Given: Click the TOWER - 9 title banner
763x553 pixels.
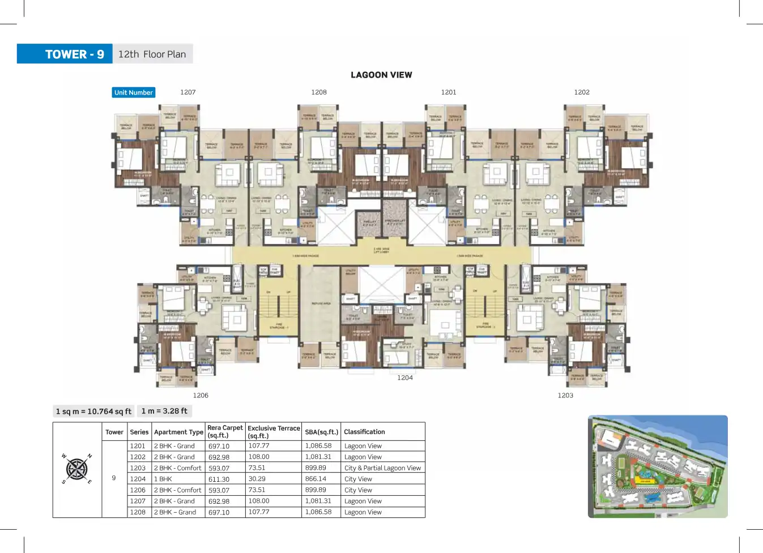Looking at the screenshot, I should pyautogui.click(x=65, y=54).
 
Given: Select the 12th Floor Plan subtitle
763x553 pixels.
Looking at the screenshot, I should pyautogui.click(x=152, y=54).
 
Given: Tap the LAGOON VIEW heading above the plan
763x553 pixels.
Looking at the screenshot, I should pyautogui.click(x=381, y=75).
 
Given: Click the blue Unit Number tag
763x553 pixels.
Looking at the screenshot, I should pyautogui.click(x=133, y=92).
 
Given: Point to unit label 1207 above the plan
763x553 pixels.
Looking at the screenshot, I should pyautogui.click(x=187, y=92).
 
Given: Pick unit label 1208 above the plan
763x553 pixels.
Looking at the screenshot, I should pyautogui.click(x=319, y=92).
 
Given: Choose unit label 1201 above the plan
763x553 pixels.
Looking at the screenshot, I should pyautogui.click(x=449, y=92).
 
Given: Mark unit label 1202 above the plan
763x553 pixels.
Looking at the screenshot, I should pyautogui.click(x=582, y=92).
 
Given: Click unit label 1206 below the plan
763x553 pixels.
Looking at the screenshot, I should pyautogui.click(x=201, y=396).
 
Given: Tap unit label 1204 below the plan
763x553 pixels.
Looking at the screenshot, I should pyautogui.click(x=405, y=378).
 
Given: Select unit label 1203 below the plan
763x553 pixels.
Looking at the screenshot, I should pyautogui.click(x=565, y=396).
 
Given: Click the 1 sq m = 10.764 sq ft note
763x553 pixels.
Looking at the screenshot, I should pyautogui.click(x=93, y=411).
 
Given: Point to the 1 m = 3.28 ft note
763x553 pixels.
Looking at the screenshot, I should pyautogui.click(x=164, y=411).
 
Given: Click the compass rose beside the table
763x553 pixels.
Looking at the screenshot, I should pyautogui.click(x=76, y=469).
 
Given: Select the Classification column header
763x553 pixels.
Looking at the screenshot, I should pyautogui.click(x=364, y=432).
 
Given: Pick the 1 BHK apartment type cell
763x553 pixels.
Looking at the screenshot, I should pyautogui.click(x=163, y=479).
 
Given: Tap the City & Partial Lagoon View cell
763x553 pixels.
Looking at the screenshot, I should pyautogui.click(x=382, y=468).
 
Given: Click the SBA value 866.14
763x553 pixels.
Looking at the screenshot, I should pyautogui.click(x=316, y=479).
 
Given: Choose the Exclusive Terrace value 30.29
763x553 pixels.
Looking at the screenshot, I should pyautogui.click(x=257, y=479).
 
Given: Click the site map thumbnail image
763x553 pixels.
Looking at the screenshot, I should pyautogui.click(x=658, y=466).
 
